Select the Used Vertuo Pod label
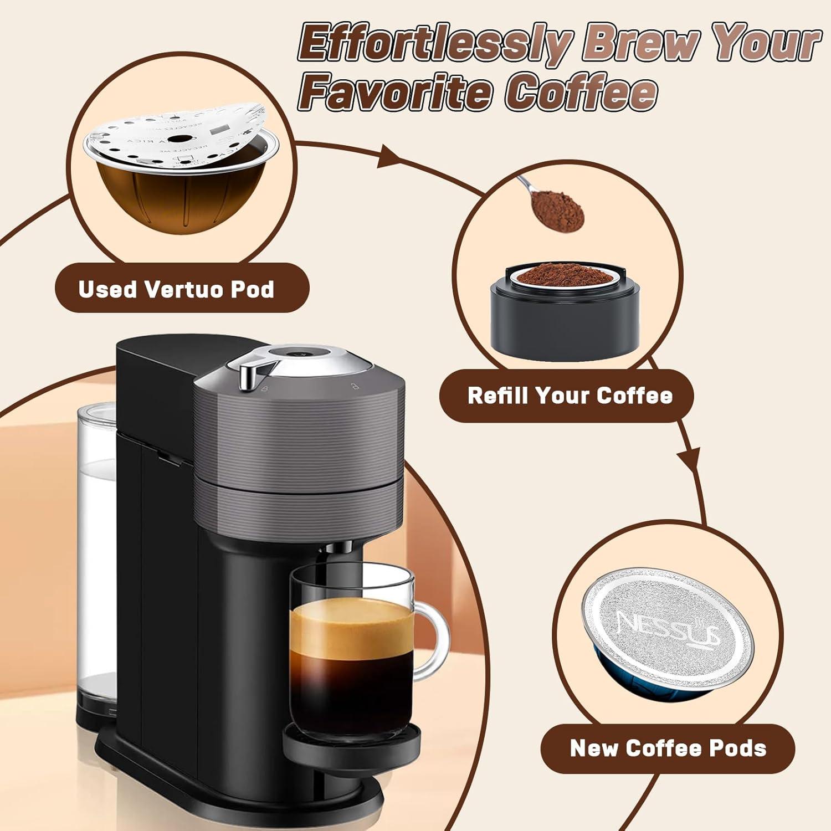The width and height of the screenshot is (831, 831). click(176, 289)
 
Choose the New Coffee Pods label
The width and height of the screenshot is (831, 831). click(668, 748)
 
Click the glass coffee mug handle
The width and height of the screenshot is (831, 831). click(435, 643)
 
